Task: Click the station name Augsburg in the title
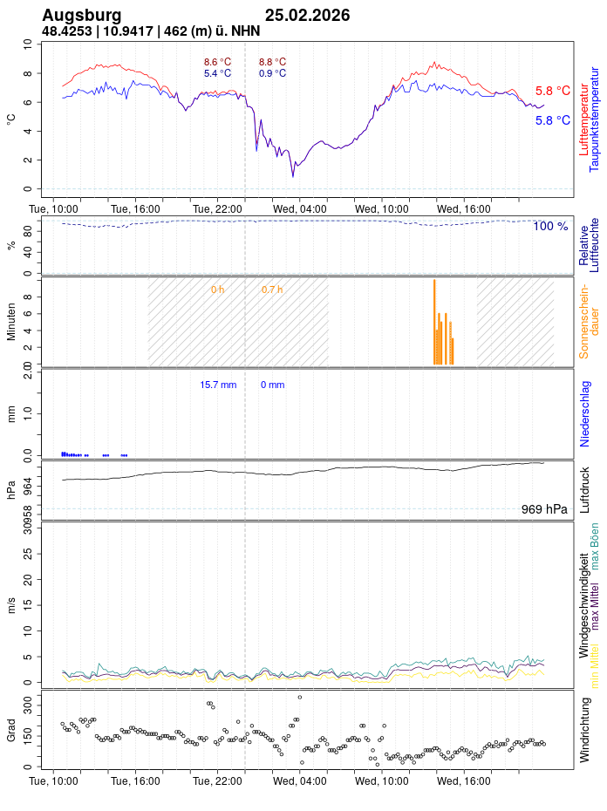[x=82, y=16]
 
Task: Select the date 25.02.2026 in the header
[x=307, y=16]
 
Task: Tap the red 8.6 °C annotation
[x=217, y=62]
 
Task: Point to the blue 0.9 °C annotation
[x=272, y=74]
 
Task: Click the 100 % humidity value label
[x=550, y=227]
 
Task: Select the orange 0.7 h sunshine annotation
[x=272, y=290]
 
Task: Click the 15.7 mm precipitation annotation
[x=218, y=385]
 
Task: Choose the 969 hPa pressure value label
[x=544, y=509]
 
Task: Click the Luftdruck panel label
[x=585, y=489]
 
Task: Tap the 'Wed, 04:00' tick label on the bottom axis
[x=300, y=781]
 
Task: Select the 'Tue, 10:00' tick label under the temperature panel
[x=54, y=208]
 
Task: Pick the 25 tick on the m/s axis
[x=26, y=553]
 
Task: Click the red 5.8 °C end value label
[x=553, y=91]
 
